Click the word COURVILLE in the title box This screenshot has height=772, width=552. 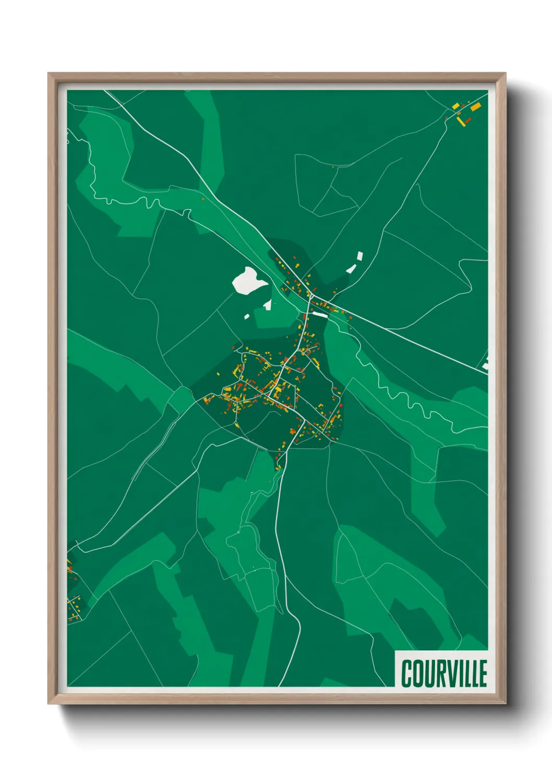(444, 673)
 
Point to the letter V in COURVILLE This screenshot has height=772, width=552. (448, 673)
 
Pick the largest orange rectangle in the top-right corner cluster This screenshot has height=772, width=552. (475, 107)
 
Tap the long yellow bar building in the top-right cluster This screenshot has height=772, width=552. (461, 122)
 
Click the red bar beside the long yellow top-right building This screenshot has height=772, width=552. (468, 120)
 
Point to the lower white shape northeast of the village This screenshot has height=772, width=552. (351, 269)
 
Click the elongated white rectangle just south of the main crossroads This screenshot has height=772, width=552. (319, 315)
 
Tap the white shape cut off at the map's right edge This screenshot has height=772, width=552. (485, 364)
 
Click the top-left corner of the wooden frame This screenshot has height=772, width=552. (49, 74)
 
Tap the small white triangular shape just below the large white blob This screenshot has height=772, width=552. (268, 305)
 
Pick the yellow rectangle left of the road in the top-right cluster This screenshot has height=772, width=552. (455, 106)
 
